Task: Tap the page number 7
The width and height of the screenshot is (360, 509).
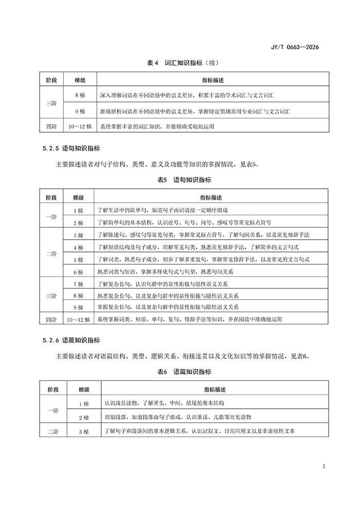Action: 324,466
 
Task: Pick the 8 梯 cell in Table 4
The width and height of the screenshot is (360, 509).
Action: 79,96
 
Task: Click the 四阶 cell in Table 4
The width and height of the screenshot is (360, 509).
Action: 51,126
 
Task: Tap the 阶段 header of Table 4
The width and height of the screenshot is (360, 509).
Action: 51,81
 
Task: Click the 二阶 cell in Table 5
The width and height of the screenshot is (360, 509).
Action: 51,253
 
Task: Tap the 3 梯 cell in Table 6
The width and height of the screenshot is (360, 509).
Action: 84,431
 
